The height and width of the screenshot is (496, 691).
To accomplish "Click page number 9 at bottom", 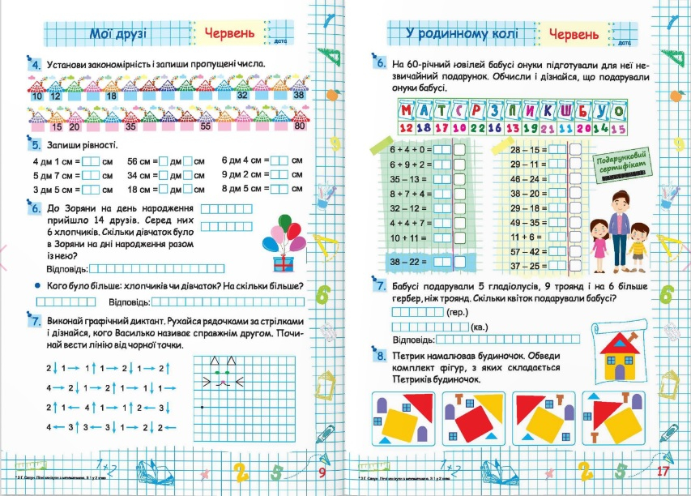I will point(322,473).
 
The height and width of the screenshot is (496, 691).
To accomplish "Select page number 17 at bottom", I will point(662,472).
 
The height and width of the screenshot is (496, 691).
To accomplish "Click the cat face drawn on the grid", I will point(217,371).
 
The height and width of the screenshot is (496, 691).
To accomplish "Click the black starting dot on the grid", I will point(201,405).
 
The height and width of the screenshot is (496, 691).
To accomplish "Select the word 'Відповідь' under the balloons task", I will point(66,268).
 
